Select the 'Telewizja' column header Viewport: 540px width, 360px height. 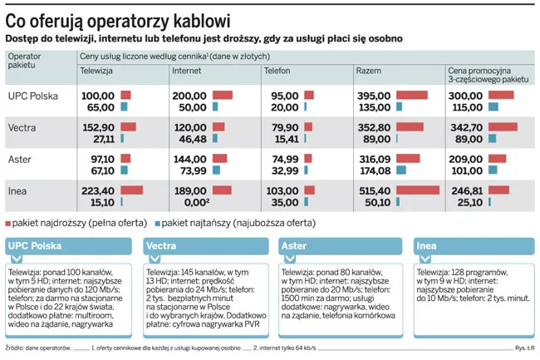pos(96,71)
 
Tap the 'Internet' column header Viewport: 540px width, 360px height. pos(187,71)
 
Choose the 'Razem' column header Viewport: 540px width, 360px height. pos(369,71)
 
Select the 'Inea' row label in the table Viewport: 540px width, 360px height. pos(17,190)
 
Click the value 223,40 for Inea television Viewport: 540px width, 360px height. pos(98,190)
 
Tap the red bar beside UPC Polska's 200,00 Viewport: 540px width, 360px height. pos(223,96)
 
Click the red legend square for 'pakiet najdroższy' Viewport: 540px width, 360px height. pos(9,224)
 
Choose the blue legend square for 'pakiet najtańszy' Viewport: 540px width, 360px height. pos(155,224)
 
